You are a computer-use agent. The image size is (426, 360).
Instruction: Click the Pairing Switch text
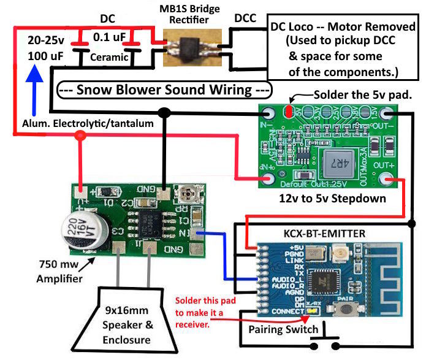[x=283, y=329]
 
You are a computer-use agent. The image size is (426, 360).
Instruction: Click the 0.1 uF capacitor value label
[x=109, y=37]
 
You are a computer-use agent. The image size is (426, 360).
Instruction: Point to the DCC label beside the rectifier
[x=245, y=19]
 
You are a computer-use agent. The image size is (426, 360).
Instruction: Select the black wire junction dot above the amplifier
[x=164, y=112]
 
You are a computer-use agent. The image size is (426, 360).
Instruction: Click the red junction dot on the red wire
[x=79, y=137]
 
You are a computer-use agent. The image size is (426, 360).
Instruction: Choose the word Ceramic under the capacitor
[x=108, y=58]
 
